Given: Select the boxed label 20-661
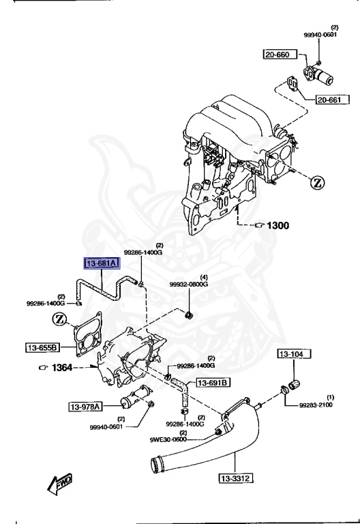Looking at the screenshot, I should pyautogui.click(x=331, y=101).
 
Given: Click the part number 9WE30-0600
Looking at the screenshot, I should pyautogui.click(x=168, y=440).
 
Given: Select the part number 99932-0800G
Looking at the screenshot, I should pyautogui.click(x=189, y=284).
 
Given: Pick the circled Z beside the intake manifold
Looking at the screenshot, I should pyautogui.click(x=318, y=182).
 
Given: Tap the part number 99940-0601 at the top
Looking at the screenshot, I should pyautogui.click(x=320, y=35).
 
